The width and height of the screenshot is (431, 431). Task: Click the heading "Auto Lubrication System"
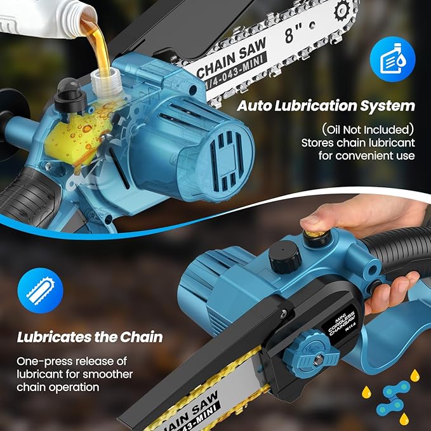click(x=326, y=105)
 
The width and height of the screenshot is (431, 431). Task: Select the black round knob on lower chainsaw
click(x=284, y=255)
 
